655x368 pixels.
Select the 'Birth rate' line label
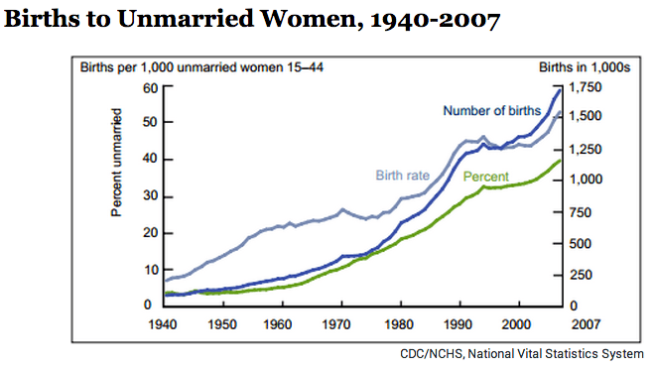pos(402,176)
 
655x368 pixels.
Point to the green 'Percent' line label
pos(486,176)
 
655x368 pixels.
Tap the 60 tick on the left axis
pos(151,87)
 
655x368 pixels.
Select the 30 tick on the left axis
pos(151,196)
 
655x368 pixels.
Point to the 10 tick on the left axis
pos(151,269)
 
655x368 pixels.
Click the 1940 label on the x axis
pos(165,323)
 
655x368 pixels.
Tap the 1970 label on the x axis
pos(340,323)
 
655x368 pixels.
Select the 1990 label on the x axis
pos(458,323)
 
